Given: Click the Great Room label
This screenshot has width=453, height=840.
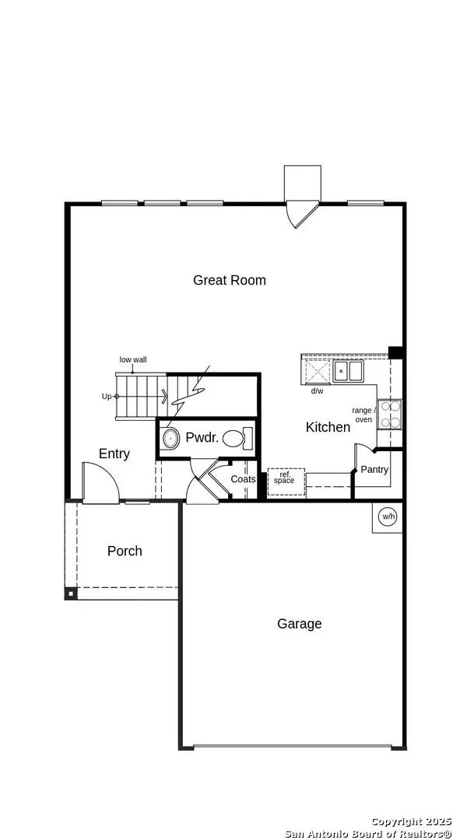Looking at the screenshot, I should click(x=230, y=280).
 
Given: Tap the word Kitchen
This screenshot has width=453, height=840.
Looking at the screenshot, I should click(x=328, y=427).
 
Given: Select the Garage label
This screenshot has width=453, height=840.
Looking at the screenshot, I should click(x=300, y=624).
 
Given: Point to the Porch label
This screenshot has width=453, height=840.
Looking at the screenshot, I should click(x=125, y=551).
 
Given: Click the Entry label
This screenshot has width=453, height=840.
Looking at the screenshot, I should click(x=114, y=453).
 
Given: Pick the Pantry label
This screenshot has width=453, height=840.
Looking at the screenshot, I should click(x=374, y=470).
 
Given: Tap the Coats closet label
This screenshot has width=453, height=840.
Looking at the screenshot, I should click(x=243, y=479).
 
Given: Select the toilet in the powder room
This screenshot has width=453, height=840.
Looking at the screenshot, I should click(x=237, y=438).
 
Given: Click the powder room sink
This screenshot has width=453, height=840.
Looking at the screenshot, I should click(x=170, y=439).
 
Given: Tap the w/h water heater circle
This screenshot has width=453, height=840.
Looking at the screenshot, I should click(x=388, y=516).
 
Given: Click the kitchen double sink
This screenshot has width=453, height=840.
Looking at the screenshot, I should click(x=349, y=370).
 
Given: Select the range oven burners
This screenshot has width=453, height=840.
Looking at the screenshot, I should click(x=390, y=415).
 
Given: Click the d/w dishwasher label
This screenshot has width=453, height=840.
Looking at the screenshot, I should click(x=318, y=390).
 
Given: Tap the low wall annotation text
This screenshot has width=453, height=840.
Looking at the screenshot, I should click(x=133, y=359).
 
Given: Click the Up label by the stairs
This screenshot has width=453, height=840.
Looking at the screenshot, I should click(x=107, y=396).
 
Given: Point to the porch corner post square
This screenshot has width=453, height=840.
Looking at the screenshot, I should click(x=70, y=594).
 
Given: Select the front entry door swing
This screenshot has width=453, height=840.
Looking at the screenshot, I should click(x=101, y=482).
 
